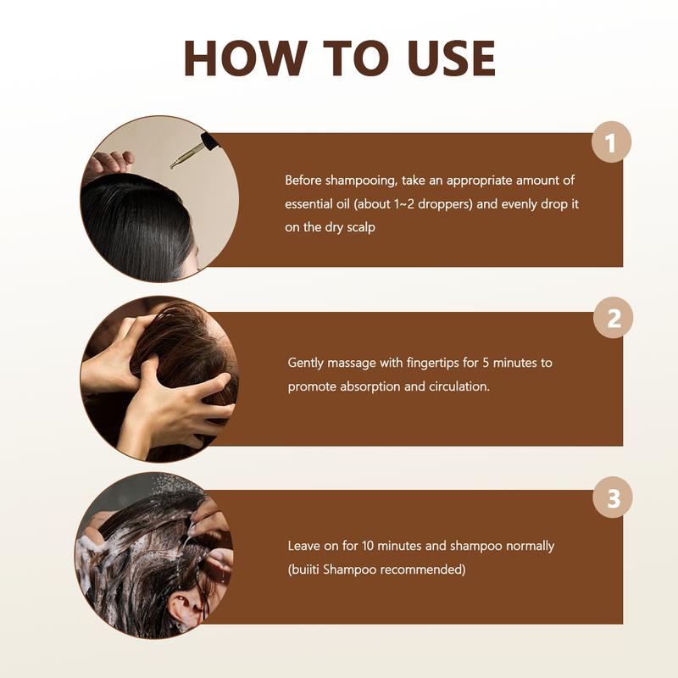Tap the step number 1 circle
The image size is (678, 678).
point(612,141)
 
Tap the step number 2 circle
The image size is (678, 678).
point(612,319)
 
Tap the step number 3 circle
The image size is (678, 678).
point(612,497)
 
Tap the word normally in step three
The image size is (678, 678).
point(526,546)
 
